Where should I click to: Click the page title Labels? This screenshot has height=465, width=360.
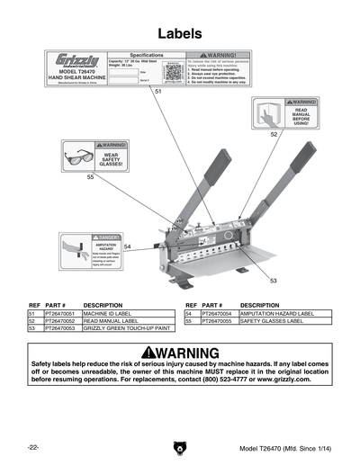tap(179, 33)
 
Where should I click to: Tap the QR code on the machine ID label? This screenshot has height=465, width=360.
tap(175, 70)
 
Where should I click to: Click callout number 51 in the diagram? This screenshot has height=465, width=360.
tap(158, 92)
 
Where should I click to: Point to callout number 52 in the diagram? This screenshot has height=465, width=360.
tap(274, 133)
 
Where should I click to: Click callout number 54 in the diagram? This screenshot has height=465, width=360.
tap(128, 246)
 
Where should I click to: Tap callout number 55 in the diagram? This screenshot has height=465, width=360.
tap(90, 177)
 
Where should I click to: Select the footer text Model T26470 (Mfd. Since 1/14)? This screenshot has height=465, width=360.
tap(284, 448)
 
